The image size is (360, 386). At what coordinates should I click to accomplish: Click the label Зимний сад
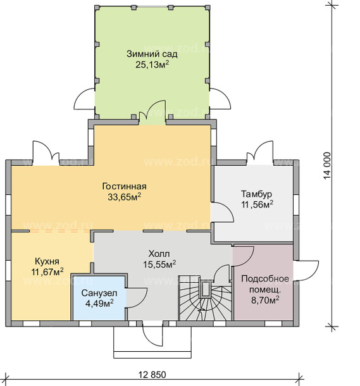pyautogui.click(x=152, y=54)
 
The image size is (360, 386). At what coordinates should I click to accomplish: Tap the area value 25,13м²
pyautogui.click(x=152, y=65)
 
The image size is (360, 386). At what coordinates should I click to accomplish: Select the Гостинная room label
pyautogui.click(x=124, y=186)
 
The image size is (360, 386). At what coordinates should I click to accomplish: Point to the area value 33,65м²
pyautogui.click(x=124, y=197)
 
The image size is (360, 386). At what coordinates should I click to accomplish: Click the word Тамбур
pyautogui.click(x=256, y=194)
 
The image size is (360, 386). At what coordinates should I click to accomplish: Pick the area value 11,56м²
pyautogui.click(x=257, y=204)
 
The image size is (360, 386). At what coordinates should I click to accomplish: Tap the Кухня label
pyautogui.click(x=47, y=261)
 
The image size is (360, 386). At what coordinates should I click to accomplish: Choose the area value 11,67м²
pyautogui.click(x=47, y=272)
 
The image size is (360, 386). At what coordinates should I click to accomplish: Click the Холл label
pyautogui.click(x=159, y=254)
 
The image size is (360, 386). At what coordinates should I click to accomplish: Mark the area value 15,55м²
pyautogui.click(x=159, y=265)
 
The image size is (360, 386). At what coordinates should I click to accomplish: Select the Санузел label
pyautogui.click(x=99, y=293)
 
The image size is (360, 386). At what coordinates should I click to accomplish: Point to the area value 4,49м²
pyautogui.click(x=99, y=303)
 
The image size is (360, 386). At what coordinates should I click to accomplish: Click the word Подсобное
pyautogui.click(x=265, y=278)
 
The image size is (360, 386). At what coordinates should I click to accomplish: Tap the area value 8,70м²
pyautogui.click(x=265, y=301)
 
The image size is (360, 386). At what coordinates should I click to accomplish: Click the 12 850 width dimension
pyautogui.click(x=152, y=375)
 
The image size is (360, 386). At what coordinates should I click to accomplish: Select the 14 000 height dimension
pyautogui.click(x=327, y=166)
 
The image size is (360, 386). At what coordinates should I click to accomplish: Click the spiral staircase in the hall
pyautogui.click(x=205, y=299)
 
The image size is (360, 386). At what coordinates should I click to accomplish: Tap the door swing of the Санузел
pyautogui.click(x=137, y=297)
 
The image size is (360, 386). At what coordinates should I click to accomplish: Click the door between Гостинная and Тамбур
pyautogui.click(x=222, y=212)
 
